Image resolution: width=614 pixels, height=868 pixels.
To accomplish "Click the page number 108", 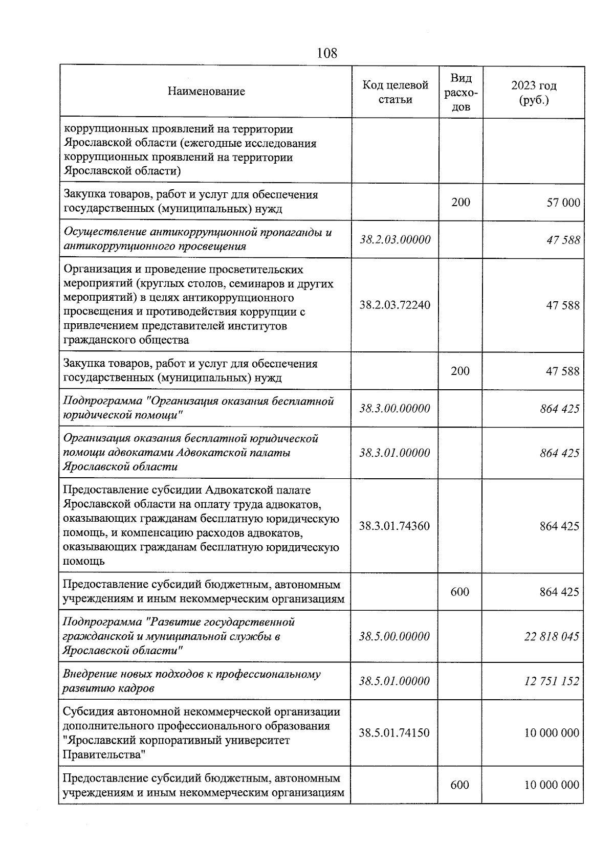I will pyautogui.click(x=326, y=53).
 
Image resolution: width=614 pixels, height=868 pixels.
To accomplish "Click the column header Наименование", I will pyautogui.click(x=206, y=92).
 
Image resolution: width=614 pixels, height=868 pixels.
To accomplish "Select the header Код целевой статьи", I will pyautogui.click(x=395, y=92).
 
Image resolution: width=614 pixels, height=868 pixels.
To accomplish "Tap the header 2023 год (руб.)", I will pyautogui.click(x=534, y=93).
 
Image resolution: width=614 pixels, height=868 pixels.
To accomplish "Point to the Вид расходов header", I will pyautogui.click(x=461, y=92).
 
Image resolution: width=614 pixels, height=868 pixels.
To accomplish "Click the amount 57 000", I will pyautogui.click(x=563, y=203).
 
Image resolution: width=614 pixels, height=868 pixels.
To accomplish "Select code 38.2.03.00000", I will pyautogui.click(x=395, y=239).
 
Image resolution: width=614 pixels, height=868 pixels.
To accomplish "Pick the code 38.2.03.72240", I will pyautogui.click(x=395, y=305).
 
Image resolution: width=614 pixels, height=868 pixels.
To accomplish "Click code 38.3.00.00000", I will pyautogui.click(x=394, y=409).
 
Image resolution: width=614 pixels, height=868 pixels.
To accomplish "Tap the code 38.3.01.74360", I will pyautogui.click(x=394, y=526).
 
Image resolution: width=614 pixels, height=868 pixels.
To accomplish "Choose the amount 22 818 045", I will pyautogui.click(x=552, y=637).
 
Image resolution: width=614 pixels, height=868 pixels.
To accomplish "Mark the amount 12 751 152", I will pyautogui.click(x=552, y=681).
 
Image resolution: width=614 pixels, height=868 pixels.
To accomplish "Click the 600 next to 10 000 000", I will pyautogui.click(x=459, y=785).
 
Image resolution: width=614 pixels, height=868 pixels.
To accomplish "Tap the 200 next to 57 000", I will pyautogui.click(x=461, y=202).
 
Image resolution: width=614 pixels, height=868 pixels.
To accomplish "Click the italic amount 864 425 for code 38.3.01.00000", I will pyautogui.click(x=559, y=453).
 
